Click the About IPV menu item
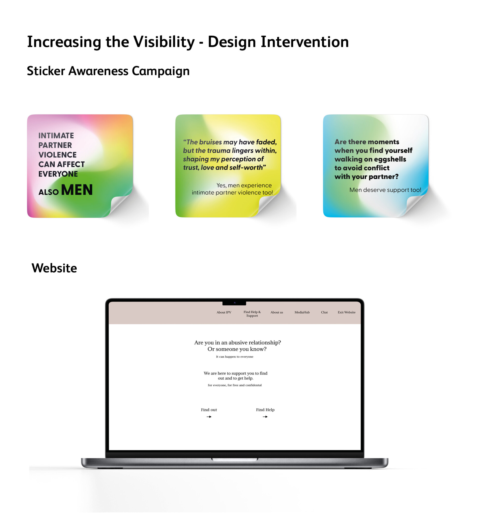pyautogui.click(x=224, y=312)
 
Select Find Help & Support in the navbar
pyautogui.click(x=252, y=314)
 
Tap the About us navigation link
pyautogui.click(x=277, y=312)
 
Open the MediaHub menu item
pyautogui.click(x=302, y=312)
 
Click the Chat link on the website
pyautogui.click(x=324, y=312)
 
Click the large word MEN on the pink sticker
pyautogui.click(x=77, y=190)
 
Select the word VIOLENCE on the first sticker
pyautogui.click(x=57, y=154)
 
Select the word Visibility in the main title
pyautogui.click(x=164, y=42)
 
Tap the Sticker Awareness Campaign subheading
pyautogui.click(x=108, y=71)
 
